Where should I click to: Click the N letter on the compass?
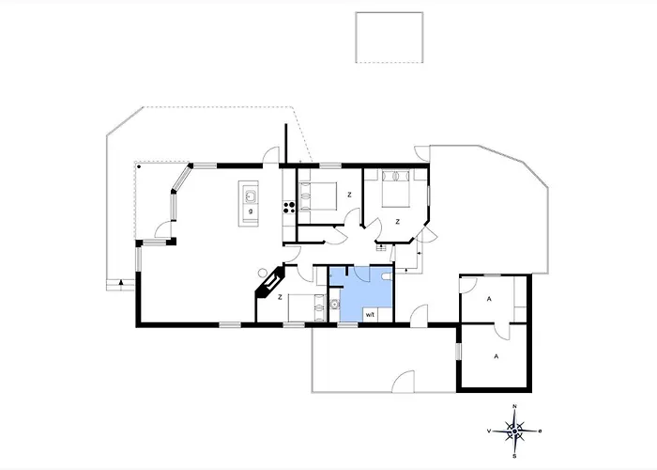(x=514, y=406)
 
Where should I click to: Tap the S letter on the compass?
(x=514, y=456)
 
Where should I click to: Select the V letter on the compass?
(x=489, y=431)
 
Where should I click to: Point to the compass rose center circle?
(x=514, y=431)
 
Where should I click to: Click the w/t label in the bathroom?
(x=370, y=314)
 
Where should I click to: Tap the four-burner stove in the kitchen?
(x=289, y=207)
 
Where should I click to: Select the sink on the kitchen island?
(x=251, y=196)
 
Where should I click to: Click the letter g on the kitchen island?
(x=251, y=211)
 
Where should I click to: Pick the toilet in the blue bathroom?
(x=388, y=276)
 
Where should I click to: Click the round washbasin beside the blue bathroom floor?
(x=334, y=304)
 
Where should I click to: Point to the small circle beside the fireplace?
(x=263, y=273)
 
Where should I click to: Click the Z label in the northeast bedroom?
(x=397, y=222)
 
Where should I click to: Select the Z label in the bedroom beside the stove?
(x=349, y=195)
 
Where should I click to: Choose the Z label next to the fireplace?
(x=280, y=297)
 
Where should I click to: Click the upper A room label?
(x=489, y=299)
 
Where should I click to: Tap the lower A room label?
(x=497, y=356)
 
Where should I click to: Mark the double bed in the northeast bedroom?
(x=395, y=188)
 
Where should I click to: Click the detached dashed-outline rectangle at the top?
(x=390, y=38)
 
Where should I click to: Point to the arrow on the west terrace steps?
(x=121, y=282)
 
